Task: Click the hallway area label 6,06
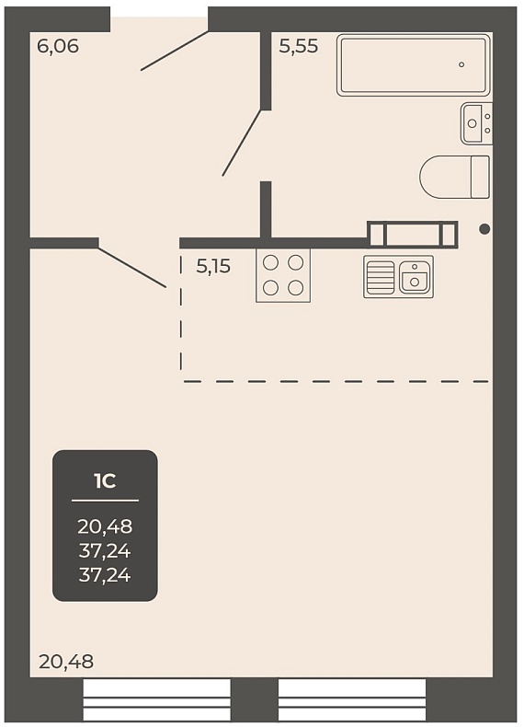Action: coord(58,46)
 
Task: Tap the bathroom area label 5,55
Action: coord(299,46)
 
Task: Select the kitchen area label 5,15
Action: coord(213,267)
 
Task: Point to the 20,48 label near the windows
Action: coord(66,662)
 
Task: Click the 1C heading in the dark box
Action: coord(105,481)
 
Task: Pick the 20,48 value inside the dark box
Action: coord(105,526)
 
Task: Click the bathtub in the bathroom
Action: coord(414,65)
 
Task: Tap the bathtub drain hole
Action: coord(461,64)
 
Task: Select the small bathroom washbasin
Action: coord(477,123)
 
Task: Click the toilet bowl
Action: coord(445,178)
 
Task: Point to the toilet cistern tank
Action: coord(481,178)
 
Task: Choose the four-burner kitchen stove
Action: coord(283,275)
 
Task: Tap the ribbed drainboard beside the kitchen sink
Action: coord(380,276)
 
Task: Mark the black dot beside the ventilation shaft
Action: coord(484,229)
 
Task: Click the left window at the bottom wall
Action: coord(156,700)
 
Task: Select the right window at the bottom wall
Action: coord(352,700)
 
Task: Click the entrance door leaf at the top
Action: coord(175,51)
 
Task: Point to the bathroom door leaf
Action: coord(243,143)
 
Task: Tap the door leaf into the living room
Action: coord(132,268)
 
